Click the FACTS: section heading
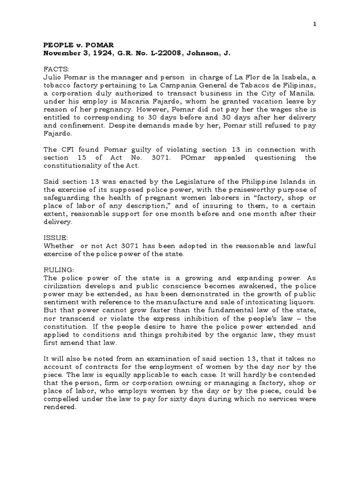[x=56, y=69]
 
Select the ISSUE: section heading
[x=56, y=238]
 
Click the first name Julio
[x=52, y=77]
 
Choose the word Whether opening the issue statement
[x=59, y=246]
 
